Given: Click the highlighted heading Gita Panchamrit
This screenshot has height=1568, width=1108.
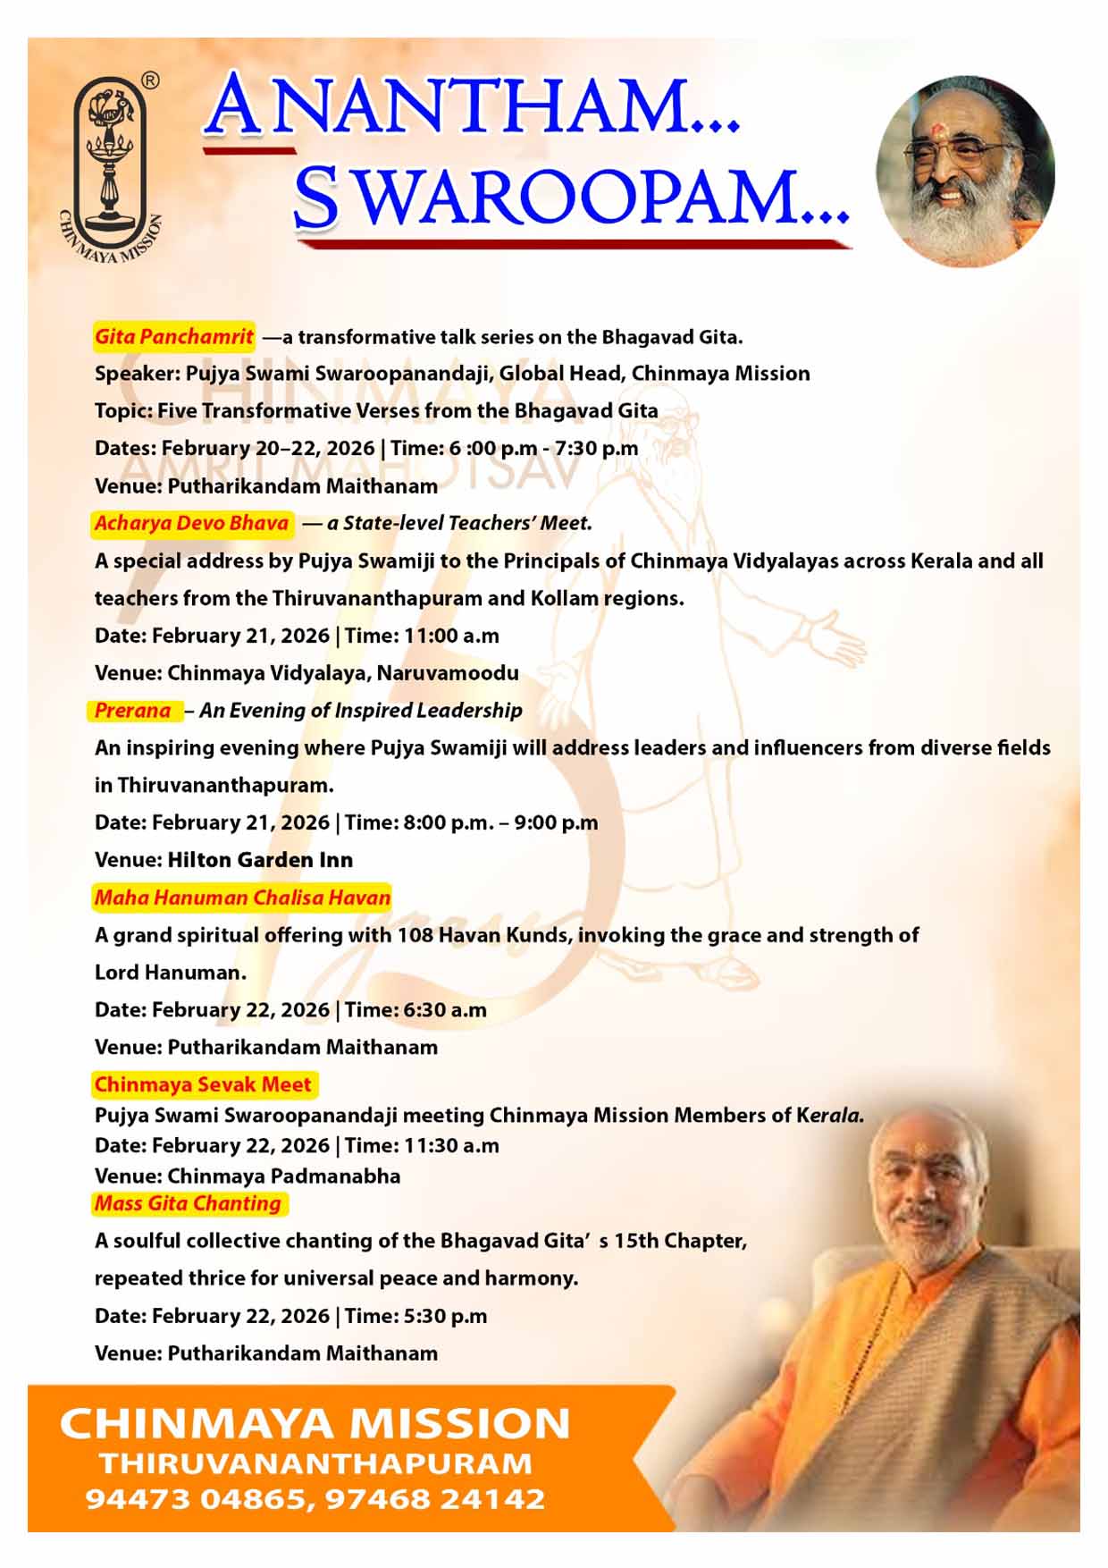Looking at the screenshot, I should (174, 337).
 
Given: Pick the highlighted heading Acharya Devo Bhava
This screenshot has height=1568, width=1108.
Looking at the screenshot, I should (192, 523).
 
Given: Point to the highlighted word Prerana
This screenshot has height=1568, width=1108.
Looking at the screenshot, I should (133, 711).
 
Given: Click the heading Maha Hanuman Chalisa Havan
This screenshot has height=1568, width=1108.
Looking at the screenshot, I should (242, 898).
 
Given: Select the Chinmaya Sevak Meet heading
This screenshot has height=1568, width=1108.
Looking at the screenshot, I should (203, 1084).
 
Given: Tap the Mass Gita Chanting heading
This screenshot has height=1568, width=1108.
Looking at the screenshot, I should (188, 1203).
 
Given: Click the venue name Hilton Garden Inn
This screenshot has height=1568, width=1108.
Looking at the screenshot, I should (260, 860).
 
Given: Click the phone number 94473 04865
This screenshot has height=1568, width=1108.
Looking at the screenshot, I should (197, 1499).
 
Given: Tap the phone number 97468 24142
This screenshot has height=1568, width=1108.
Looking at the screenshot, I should (435, 1499).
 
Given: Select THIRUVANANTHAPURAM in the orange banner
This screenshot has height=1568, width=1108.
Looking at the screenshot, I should (316, 1463).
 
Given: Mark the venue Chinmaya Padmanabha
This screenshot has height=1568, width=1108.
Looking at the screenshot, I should (284, 1176).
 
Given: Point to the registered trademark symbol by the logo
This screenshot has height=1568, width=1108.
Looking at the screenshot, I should (151, 81).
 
